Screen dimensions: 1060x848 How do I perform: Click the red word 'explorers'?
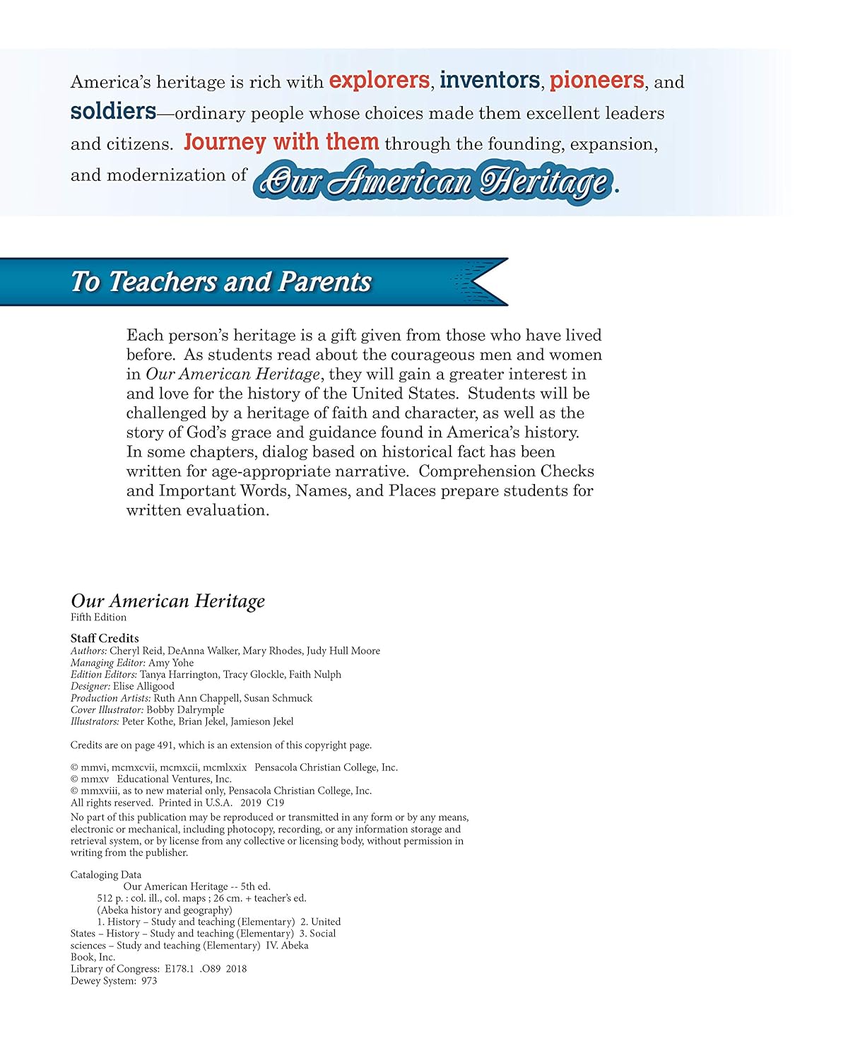(x=379, y=81)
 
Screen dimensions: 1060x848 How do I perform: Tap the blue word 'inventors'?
(x=489, y=81)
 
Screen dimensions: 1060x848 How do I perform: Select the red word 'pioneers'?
(x=596, y=81)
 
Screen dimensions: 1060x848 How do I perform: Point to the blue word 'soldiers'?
(x=113, y=112)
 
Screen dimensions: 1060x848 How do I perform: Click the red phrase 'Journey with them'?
(x=281, y=142)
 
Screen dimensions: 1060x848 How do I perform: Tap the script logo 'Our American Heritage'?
(x=435, y=182)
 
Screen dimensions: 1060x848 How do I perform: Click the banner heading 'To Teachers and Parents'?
(x=221, y=281)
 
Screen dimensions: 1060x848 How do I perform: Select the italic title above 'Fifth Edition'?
(x=167, y=601)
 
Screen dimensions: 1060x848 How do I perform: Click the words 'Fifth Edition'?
(x=98, y=617)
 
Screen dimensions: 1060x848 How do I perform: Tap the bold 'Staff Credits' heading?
(x=105, y=638)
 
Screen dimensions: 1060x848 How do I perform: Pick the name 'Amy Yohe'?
(x=170, y=663)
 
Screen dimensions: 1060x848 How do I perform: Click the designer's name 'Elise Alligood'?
(x=143, y=686)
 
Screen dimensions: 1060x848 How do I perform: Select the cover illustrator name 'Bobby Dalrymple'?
(x=185, y=709)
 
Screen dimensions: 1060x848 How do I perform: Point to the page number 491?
(x=165, y=745)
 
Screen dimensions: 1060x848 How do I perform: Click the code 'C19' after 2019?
(x=276, y=803)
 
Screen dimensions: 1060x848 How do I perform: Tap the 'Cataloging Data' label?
(x=106, y=875)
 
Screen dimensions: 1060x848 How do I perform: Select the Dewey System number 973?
(x=148, y=981)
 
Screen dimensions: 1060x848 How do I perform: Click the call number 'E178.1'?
(x=179, y=969)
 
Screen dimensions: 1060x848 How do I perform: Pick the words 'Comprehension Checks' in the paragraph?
(x=506, y=471)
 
